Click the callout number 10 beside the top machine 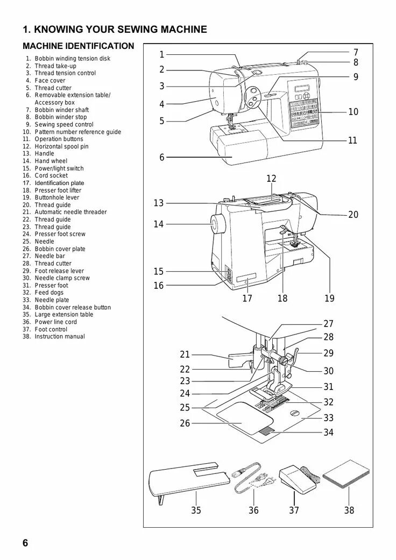click(353, 112)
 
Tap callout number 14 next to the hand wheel click(158, 224)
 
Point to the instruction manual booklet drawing click(346, 474)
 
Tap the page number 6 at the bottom click(25, 542)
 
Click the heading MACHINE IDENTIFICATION click(79, 46)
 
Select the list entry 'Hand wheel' click(51, 161)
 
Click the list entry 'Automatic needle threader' click(70, 212)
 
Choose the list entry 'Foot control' click(51, 329)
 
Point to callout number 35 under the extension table click(196, 510)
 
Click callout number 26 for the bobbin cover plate click(185, 423)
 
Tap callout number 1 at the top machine click(161, 54)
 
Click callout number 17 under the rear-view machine click(247, 298)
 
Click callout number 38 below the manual click(349, 510)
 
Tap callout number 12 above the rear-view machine click(271, 179)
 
